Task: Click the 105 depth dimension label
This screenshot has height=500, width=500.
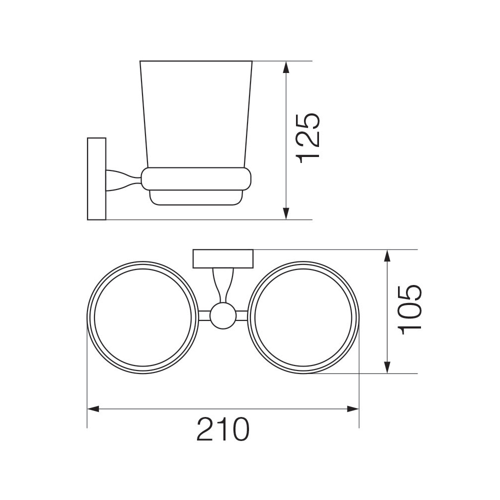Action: (410, 309)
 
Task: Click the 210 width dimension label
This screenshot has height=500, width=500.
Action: (223, 429)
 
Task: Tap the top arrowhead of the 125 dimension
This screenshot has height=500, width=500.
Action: (286, 67)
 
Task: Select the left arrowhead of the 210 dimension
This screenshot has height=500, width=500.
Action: (94, 409)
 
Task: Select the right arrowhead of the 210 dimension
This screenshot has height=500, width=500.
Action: (352, 409)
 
